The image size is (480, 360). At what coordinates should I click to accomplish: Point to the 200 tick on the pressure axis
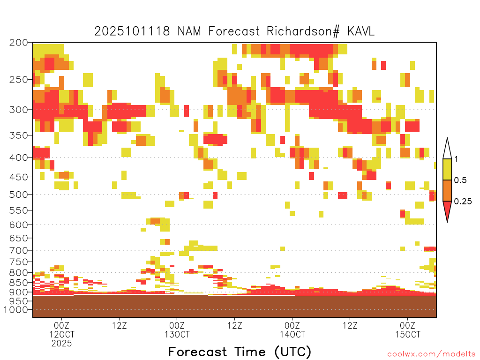[19, 43]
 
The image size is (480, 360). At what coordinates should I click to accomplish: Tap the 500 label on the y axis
[19, 195]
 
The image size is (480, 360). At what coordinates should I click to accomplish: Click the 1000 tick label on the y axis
[17, 310]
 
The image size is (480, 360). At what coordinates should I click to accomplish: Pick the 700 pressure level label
[19, 250]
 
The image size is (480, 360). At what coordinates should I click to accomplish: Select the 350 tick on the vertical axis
[19, 135]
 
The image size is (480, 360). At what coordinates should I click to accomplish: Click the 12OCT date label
[62, 335]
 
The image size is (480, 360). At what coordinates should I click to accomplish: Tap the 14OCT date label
[292, 335]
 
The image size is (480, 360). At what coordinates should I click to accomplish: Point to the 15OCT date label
[408, 335]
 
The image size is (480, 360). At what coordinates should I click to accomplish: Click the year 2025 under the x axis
[62, 344]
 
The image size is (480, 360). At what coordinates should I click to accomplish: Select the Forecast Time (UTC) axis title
[240, 352]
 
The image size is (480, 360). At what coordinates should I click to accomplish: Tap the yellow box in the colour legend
[447, 170]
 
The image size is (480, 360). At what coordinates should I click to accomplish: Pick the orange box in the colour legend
[447, 191]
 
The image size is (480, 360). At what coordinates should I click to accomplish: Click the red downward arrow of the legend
[447, 210]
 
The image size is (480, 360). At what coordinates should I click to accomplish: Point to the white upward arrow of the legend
[447, 149]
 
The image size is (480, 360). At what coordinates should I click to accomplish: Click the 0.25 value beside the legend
[463, 202]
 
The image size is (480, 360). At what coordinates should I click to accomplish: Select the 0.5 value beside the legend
[460, 180]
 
